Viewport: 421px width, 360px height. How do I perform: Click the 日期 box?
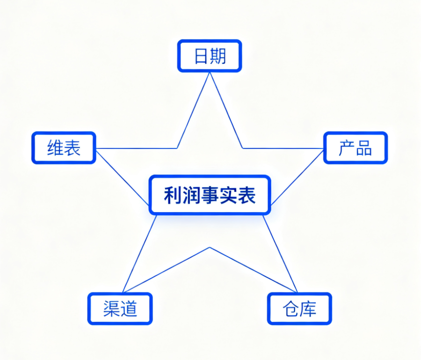pos(210,56)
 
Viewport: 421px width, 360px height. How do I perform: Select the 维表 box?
pos(64,148)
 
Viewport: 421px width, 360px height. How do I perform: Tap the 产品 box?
pos(356,148)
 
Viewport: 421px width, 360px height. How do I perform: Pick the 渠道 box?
pos(120,309)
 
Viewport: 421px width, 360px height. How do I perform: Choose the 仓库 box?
pos(299,309)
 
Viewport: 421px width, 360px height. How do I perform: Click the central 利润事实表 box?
pos(210,195)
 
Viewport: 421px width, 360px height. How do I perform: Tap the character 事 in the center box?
pos(210,195)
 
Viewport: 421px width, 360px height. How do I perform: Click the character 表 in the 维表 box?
pos(73,148)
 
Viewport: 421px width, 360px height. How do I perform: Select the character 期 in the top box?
pos(218,56)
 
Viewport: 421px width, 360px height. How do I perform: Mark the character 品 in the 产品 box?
pos(364,148)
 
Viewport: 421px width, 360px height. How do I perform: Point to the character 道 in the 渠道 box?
pos(129,309)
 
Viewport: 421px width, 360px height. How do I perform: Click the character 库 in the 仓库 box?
pos(308,309)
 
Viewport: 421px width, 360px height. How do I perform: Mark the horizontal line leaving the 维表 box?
pos(136,148)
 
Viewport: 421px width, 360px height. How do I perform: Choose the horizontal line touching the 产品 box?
pos(283,148)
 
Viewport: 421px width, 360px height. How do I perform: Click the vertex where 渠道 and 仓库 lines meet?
pos(210,247)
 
